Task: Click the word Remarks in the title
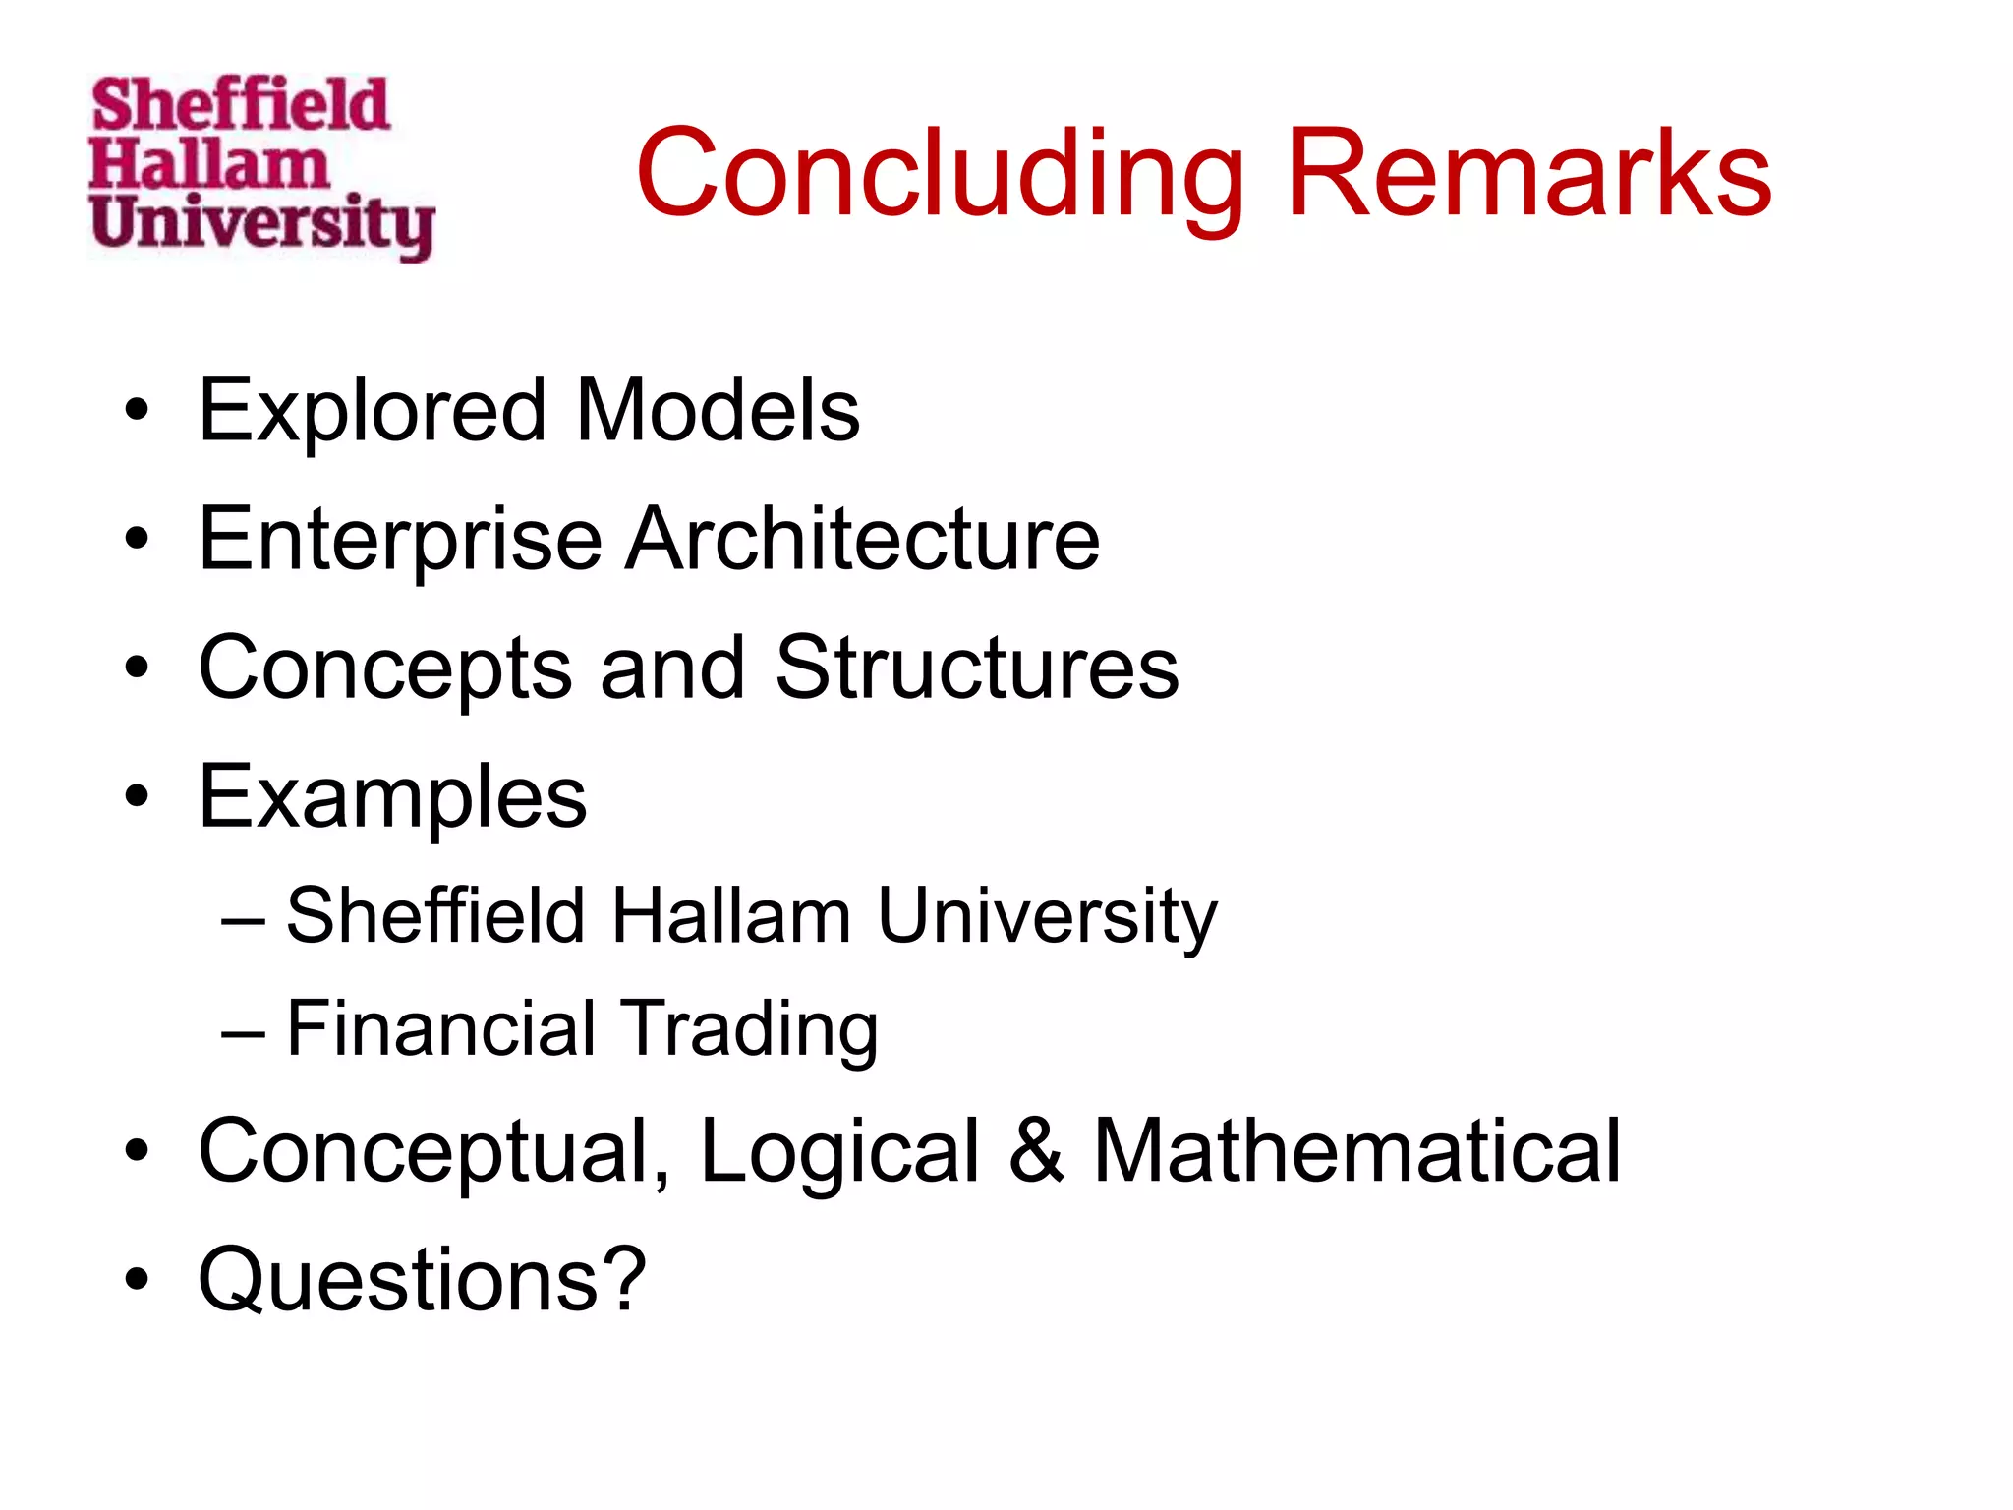pyautogui.click(x=1528, y=174)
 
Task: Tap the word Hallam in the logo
pyautogui.click(x=208, y=164)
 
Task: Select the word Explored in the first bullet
pyautogui.click(x=372, y=411)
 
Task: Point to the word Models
pyautogui.click(x=718, y=411)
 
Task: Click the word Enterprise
pyautogui.click(x=400, y=540)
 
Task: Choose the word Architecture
pyautogui.click(x=864, y=540)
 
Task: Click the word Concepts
pyautogui.click(x=385, y=668)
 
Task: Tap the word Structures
pyautogui.click(x=977, y=668)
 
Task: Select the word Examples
pyautogui.click(x=392, y=797)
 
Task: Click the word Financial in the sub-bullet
pyautogui.click(x=441, y=1028)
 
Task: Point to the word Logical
pyautogui.click(x=840, y=1152)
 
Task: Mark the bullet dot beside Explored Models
pyautogui.click(x=137, y=411)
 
